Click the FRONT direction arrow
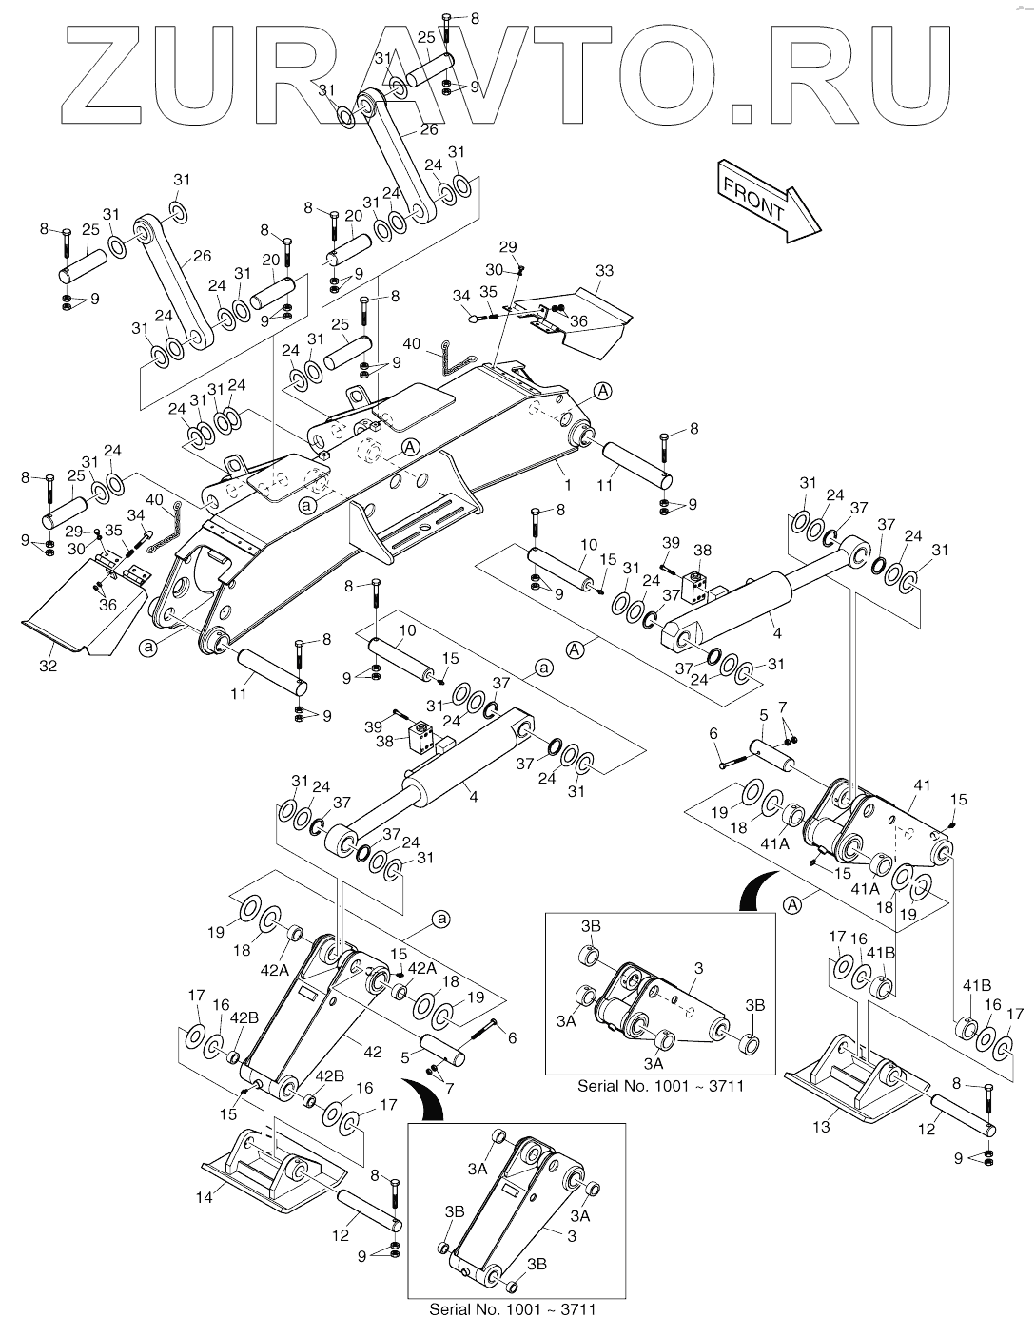pos(768,201)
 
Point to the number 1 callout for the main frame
pos(568,485)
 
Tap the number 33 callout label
pos(604,270)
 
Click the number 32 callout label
pos(48,666)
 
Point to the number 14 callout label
pos(204,1197)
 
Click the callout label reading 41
pos(922,785)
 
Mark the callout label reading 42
pos(372,1052)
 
